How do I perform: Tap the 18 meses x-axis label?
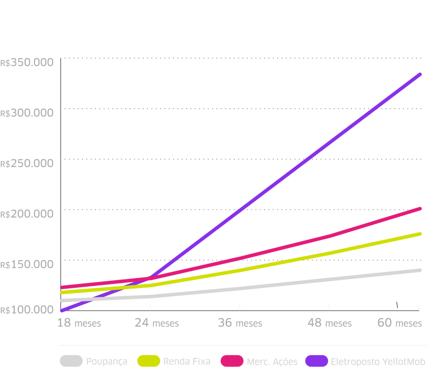[79, 323]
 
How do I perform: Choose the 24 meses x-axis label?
[157, 323]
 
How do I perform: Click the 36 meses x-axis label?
[240, 323]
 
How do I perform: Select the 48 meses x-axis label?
[330, 323]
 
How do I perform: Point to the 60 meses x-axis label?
[399, 323]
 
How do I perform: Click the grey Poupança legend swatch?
[71, 361]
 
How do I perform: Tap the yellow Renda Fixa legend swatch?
[149, 361]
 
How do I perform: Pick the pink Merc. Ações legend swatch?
[232, 361]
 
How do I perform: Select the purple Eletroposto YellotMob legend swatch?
[316, 361]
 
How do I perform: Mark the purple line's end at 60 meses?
[420, 74]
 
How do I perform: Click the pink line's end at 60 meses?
[420, 209]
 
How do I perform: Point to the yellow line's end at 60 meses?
[420, 234]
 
